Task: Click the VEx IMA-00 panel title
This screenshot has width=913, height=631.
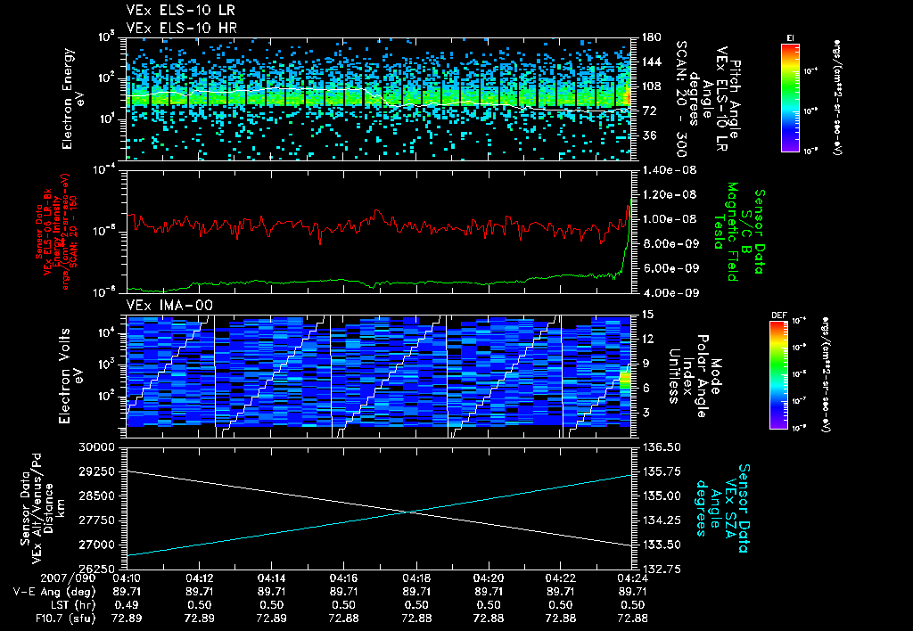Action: [x=163, y=305]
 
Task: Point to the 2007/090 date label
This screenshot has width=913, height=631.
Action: [x=32, y=578]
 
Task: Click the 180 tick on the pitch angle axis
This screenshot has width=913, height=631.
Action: [x=644, y=37]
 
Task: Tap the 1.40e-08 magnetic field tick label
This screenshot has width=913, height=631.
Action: [x=657, y=169]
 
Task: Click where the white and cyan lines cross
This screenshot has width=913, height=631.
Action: [x=408, y=511]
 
